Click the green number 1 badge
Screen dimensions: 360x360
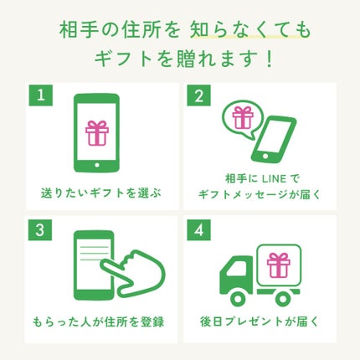(x=38, y=94)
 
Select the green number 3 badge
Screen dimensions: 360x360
(x=38, y=227)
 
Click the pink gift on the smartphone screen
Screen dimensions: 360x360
(x=98, y=132)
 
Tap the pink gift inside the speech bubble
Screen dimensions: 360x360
(x=244, y=117)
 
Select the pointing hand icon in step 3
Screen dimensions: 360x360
(x=131, y=267)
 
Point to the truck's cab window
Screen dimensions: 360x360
(x=235, y=268)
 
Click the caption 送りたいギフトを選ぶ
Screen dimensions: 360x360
(x=100, y=193)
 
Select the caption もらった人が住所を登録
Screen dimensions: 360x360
(x=100, y=321)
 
